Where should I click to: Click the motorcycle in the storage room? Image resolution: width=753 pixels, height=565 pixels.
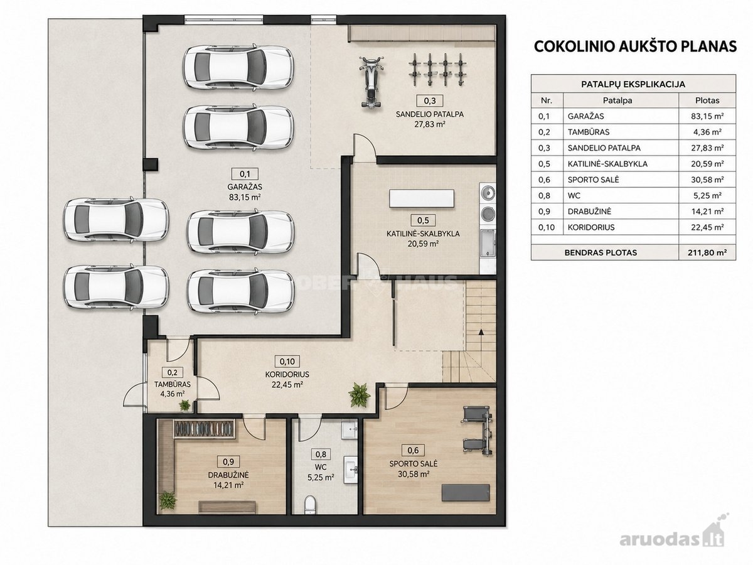point(371,82)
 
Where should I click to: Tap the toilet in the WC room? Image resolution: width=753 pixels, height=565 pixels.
point(310,503)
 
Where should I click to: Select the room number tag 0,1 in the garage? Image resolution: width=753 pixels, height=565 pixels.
point(245,174)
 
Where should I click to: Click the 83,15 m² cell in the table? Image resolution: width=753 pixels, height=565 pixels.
point(707,116)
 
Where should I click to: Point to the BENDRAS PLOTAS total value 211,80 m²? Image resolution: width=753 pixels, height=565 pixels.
point(707,252)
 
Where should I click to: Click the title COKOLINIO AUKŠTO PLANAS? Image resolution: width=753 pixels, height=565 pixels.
point(635,46)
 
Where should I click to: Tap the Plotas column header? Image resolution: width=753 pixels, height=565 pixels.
point(707,100)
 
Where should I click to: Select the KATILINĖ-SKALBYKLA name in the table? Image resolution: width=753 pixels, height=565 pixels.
point(607,164)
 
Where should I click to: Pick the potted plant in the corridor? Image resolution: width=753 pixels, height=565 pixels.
point(359,395)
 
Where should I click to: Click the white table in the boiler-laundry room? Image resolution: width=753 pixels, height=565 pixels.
point(422,198)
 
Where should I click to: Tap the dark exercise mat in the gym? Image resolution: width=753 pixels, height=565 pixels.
point(466,493)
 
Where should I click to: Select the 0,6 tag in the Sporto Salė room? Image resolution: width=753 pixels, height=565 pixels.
point(413,450)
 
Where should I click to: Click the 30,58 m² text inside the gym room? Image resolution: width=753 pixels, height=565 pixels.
point(414,474)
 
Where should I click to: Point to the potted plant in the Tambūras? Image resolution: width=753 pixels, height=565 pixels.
point(184,405)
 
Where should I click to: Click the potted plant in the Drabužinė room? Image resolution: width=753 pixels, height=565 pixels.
point(168,500)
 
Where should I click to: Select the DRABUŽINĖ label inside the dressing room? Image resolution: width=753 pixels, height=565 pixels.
point(228,475)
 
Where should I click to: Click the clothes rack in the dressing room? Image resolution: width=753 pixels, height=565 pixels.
point(204,429)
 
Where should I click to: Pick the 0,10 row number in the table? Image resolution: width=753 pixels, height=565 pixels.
point(547,227)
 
